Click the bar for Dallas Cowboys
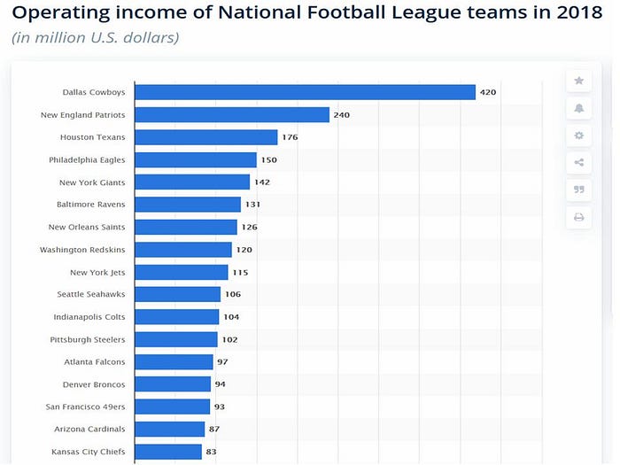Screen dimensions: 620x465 click(305, 92)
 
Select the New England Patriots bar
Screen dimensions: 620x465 click(232, 114)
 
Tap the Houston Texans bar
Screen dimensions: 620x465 click(206, 137)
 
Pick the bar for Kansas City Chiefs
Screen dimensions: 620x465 click(168, 452)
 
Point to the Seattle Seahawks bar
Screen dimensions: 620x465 click(177, 294)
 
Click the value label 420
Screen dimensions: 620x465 click(488, 92)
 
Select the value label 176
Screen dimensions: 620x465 click(290, 137)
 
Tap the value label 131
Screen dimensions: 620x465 click(252, 205)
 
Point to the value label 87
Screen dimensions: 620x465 click(214, 429)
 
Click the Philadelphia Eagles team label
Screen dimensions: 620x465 click(87, 159)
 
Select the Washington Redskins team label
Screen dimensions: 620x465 click(82, 250)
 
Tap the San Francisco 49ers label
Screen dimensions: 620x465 click(85, 407)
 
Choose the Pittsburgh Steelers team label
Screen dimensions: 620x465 click(88, 339)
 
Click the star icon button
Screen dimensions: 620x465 click(579, 81)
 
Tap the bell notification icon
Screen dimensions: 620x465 click(579, 108)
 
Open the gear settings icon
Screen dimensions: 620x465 click(579, 136)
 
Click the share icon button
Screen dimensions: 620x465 click(579, 162)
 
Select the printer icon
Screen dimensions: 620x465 click(579, 217)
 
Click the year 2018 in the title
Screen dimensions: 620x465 click(579, 12)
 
